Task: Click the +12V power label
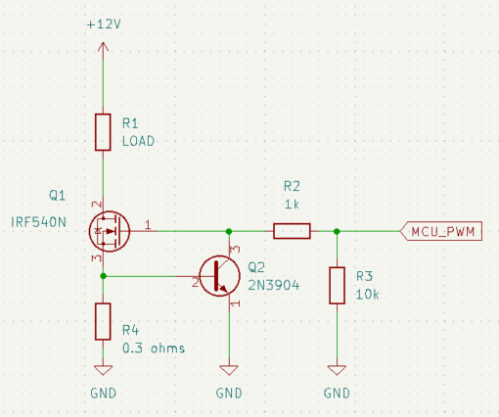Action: pyautogui.click(x=104, y=24)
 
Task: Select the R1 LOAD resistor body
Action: pyautogui.click(x=103, y=132)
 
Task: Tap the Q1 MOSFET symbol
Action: pyautogui.click(x=110, y=231)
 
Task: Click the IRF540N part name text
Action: pyautogui.click(x=38, y=222)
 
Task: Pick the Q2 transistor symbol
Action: pyautogui.click(x=219, y=276)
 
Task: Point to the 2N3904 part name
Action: pyautogui.click(x=273, y=286)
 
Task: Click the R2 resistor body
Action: pyautogui.click(x=292, y=231)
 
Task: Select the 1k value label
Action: pyautogui.click(x=292, y=205)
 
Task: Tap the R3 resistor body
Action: pyautogui.click(x=337, y=286)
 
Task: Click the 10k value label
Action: pyautogui.click(x=367, y=295)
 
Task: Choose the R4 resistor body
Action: pyautogui.click(x=103, y=321)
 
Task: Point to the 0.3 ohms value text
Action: pyautogui.click(x=154, y=348)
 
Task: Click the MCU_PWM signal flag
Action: pyautogui.click(x=441, y=231)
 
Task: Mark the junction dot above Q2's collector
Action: pyautogui.click(x=229, y=231)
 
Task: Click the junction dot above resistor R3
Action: pyautogui.click(x=337, y=231)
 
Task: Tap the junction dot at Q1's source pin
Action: pyautogui.click(x=103, y=276)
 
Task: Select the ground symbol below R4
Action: pyautogui.click(x=103, y=370)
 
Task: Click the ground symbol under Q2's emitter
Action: pyautogui.click(x=229, y=370)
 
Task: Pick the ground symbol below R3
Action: pyautogui.click(x=337, y=370)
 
